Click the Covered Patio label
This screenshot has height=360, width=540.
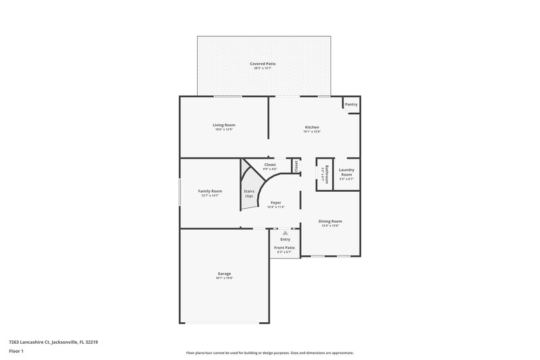264,63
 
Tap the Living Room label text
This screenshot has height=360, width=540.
223,125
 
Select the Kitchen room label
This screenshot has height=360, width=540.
312,127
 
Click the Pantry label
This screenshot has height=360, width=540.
351,105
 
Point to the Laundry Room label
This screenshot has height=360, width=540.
346,172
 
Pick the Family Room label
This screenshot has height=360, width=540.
210,191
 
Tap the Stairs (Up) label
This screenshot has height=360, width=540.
248,193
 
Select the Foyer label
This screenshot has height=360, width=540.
276,203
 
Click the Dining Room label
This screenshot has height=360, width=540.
331,222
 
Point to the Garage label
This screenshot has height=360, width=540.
224,274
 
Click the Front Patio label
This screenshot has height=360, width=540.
284,248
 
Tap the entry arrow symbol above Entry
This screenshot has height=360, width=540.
285,232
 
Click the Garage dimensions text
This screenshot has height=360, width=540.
224,278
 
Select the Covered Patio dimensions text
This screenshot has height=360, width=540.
264,68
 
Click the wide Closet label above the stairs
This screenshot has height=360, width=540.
270,165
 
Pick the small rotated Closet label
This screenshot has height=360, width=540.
296,165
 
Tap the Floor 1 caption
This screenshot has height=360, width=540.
16,351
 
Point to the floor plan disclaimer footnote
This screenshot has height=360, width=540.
269,353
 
